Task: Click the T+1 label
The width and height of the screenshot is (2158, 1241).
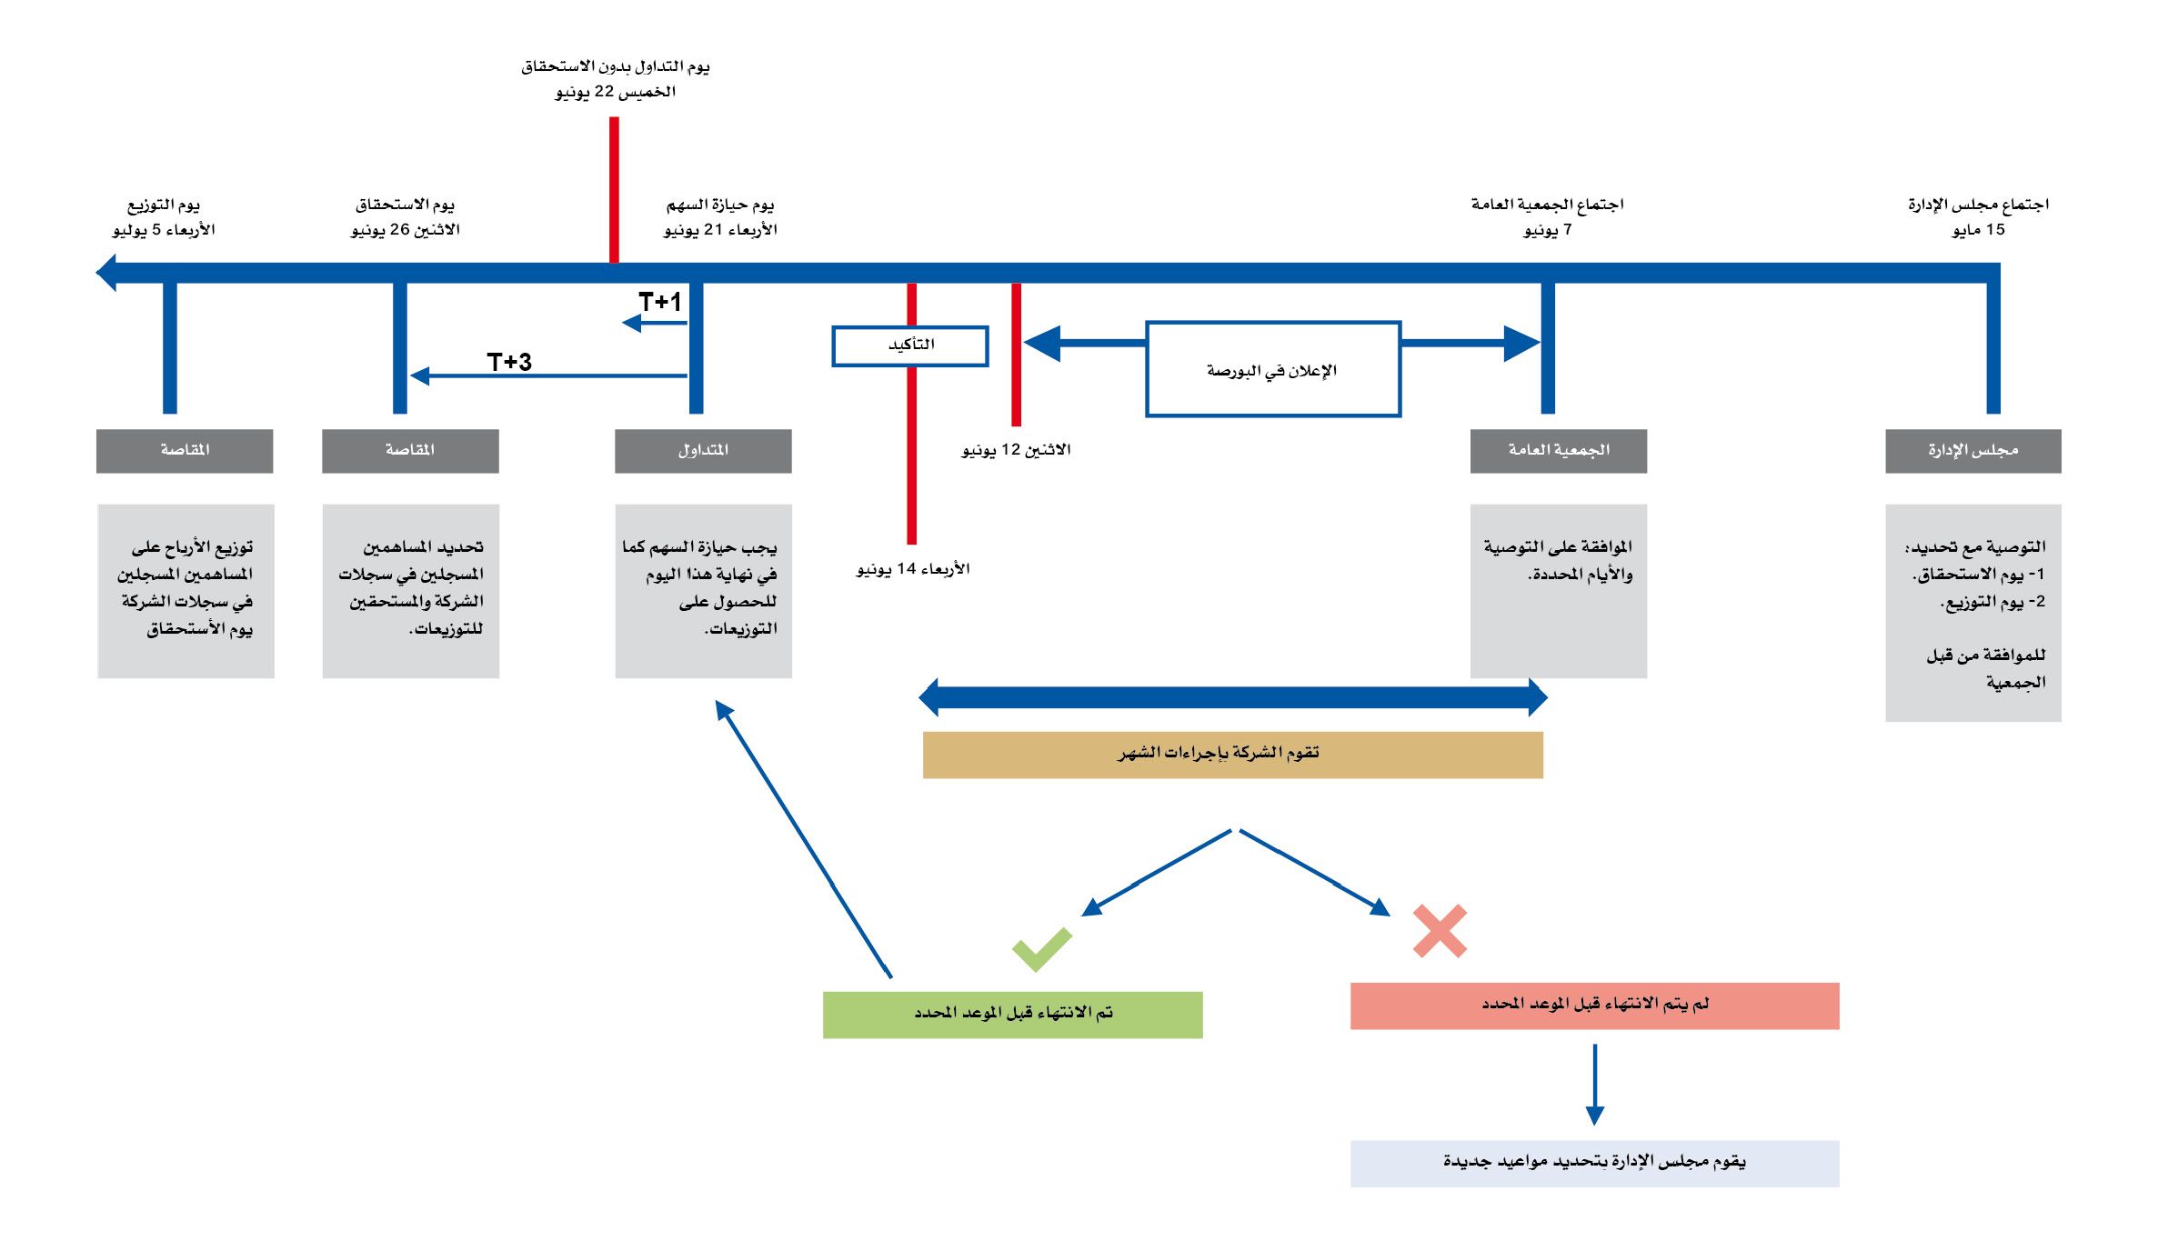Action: point(659,302)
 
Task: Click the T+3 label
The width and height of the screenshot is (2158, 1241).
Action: point(509,362)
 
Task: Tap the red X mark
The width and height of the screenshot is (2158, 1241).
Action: point(1440,931)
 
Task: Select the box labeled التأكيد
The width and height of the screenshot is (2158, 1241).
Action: point(910,345)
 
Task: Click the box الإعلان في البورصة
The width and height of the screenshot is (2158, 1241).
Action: point(1272,369)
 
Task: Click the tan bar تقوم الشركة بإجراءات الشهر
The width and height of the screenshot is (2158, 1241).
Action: point(1232,755)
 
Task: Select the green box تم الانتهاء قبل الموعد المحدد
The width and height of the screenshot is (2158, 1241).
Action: point(1012,1014)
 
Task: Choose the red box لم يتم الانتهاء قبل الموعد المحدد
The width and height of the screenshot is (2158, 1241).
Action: point(1594,1006)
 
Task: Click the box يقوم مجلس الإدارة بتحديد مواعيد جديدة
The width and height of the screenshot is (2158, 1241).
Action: point(1594,1163)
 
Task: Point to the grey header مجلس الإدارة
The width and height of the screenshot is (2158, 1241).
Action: point(1972,451)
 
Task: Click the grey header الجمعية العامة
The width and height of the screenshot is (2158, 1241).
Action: point(1558,451)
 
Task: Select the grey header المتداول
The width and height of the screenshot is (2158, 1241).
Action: point(703,451)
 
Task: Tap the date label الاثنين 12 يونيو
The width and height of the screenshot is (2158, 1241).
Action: point(1016,450)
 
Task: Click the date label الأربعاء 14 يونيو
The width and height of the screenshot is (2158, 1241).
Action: point(913,569)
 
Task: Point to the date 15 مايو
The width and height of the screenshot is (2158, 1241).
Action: point(1978,230)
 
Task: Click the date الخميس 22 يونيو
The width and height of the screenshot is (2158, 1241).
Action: point(616,92)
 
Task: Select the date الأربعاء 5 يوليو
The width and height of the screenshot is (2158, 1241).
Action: point(164,230)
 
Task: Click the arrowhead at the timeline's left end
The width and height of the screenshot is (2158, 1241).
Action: point(106,273)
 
